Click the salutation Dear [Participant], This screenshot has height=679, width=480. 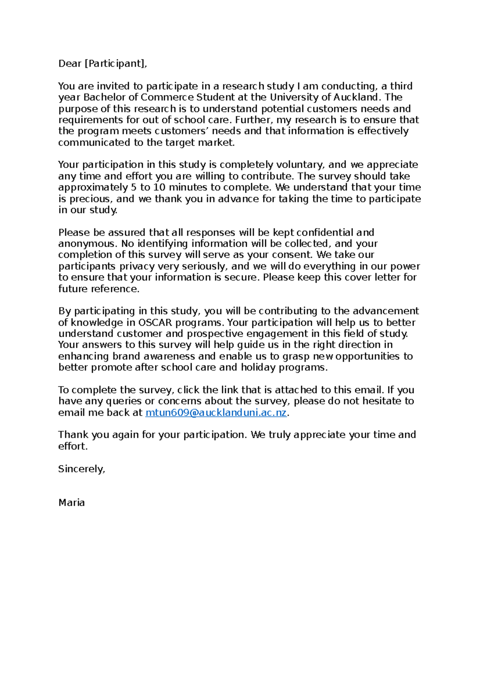click(x=102, y=64)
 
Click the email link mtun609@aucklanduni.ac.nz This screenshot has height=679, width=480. click(x=216, y=413)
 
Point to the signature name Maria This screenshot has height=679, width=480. click(x=72, y=503)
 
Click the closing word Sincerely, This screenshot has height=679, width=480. click(x=82, y=469)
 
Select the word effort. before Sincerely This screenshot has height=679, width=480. click(x=73, y=446)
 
